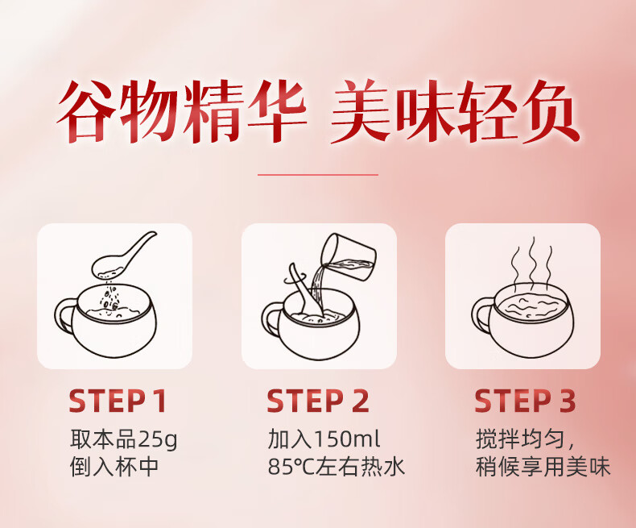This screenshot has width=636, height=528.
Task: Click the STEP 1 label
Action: (118, 401)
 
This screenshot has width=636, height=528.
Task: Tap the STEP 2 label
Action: (317, 401)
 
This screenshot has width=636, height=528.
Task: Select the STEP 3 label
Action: (525, 401)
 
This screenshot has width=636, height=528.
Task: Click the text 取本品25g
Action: (124, 439)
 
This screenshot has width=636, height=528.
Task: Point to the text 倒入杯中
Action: (114, 467)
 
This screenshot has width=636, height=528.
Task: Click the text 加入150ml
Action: (324, 439)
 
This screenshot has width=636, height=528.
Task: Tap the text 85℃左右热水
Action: (337, 467)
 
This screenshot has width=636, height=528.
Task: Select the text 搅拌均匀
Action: (520, 439)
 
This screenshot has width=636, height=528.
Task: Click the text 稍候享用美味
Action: (543, 467)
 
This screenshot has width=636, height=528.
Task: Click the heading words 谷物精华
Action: (181, 111)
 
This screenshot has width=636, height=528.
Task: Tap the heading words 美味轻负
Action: (455, 111)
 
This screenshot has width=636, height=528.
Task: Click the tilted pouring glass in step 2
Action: (349, 256)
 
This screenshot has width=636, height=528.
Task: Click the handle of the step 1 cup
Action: (64, 315)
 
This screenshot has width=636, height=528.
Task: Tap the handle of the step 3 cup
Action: (481, 315)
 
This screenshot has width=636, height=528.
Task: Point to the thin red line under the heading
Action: (318, 175)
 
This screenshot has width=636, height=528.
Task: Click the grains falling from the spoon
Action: (110, 297)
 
